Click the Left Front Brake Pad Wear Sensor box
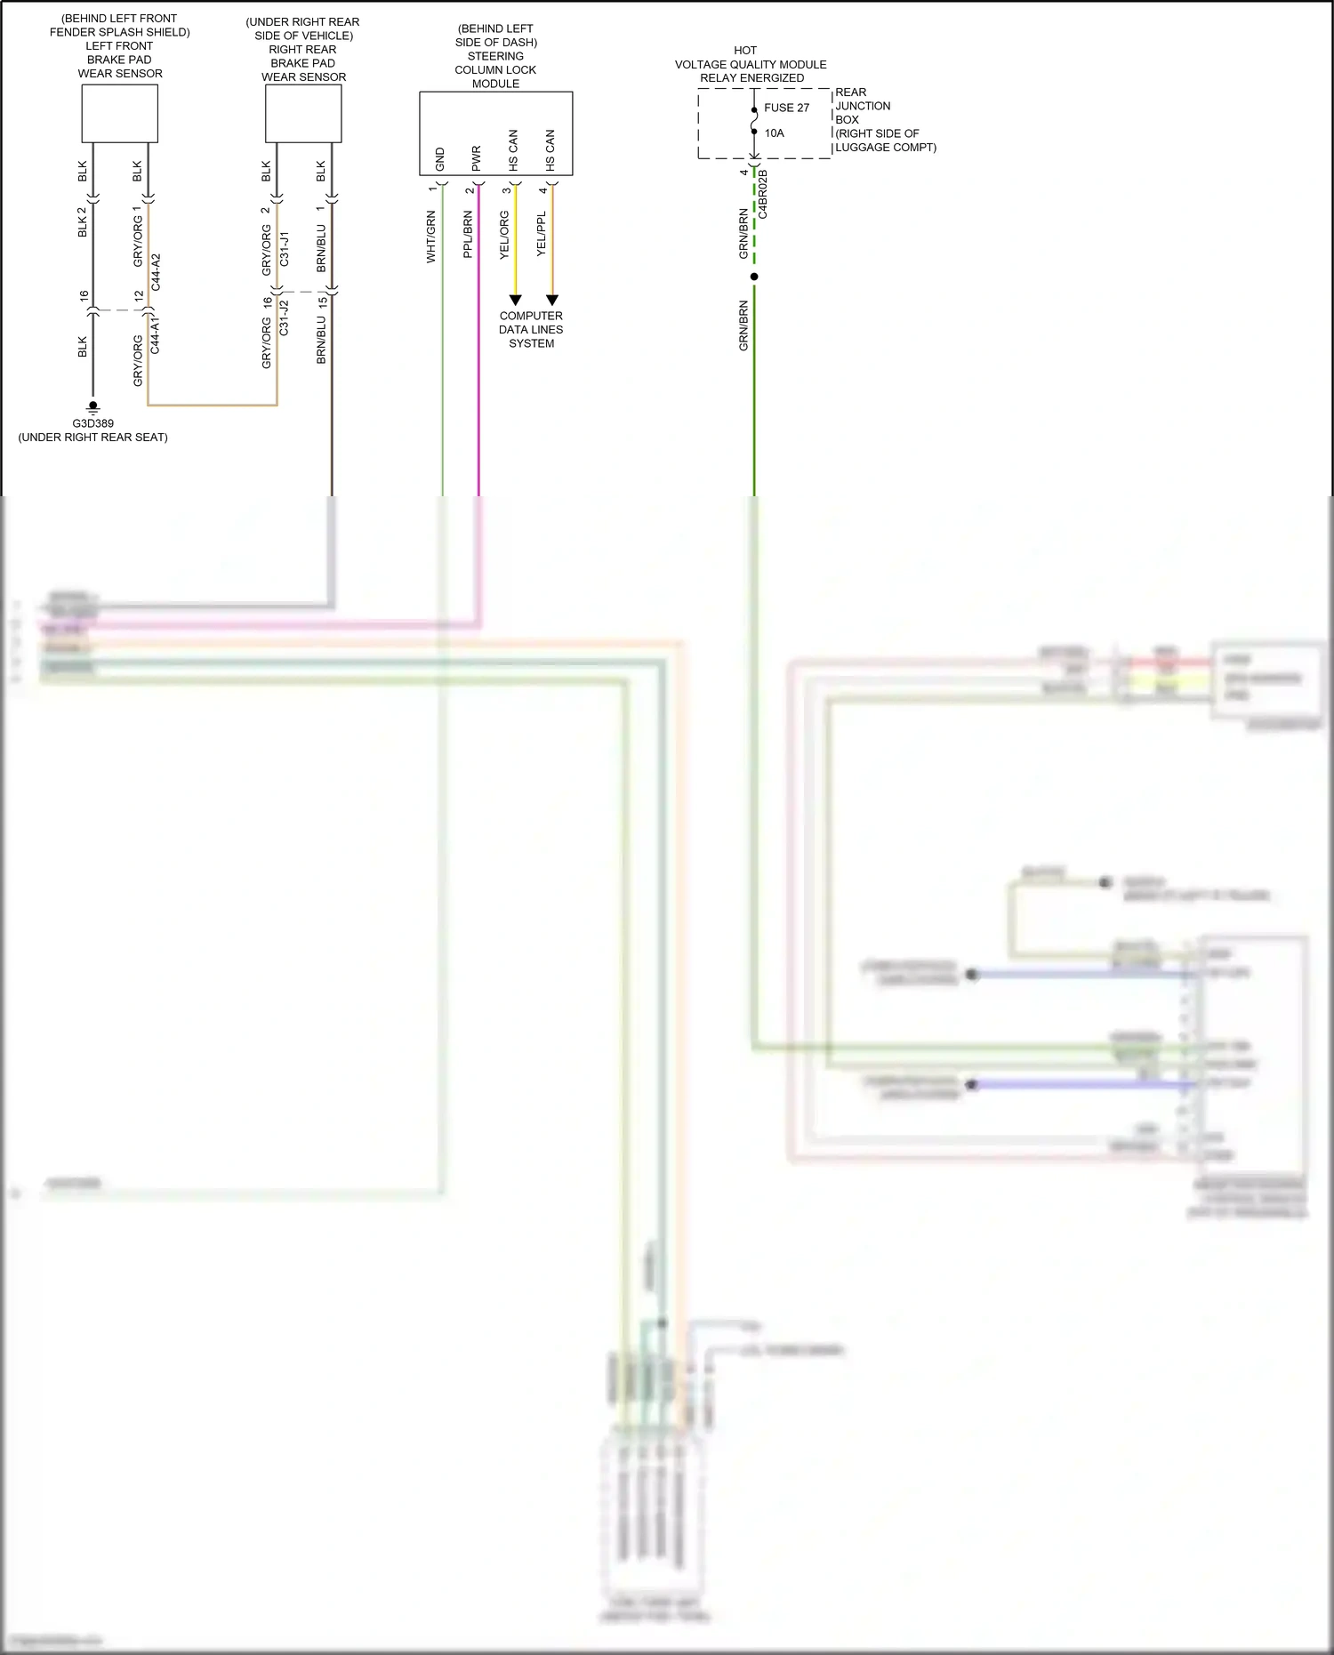pos(119,113)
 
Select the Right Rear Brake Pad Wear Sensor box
pos(303,113)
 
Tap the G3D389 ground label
pos(93,423)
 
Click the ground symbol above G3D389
pos(93,408)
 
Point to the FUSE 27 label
pos(786,108)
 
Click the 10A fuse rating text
pos(774,133)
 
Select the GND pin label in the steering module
pos(440,159)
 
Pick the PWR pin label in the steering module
pos(477,158)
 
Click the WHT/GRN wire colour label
pos(431,237)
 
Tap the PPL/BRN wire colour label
pos(468,235)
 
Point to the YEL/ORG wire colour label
pos(504,235)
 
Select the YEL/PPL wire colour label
pos(542,235)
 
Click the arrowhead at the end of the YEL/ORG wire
pos(515,301)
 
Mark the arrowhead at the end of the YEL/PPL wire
pos(551,301)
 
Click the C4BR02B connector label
pos(763,194)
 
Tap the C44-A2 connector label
pos(157,272)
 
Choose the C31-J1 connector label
pos(285,249)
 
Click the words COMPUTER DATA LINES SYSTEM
pos(531,329)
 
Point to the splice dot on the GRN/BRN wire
pos(754,277)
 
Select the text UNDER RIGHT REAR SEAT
pos(93,438)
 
